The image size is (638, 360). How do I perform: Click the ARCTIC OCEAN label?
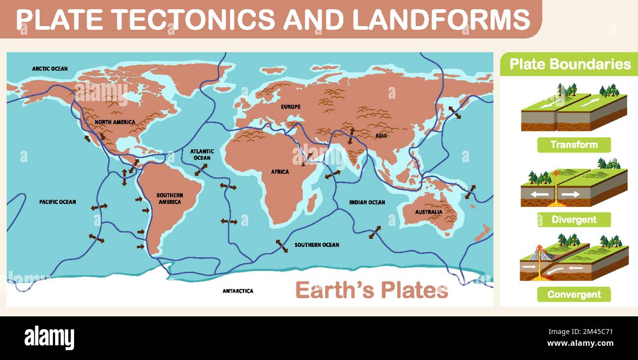(50, 69)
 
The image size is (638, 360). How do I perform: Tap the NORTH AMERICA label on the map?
(115, 122)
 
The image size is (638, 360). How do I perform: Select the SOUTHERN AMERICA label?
(170, 199)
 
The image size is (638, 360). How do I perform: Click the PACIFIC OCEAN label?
(58, 202)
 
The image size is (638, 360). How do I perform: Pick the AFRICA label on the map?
(280, 172)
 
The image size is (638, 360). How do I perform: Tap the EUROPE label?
(291, 107)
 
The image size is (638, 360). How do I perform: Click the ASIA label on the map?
(381, 136)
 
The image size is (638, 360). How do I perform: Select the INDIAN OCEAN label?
(367, 202)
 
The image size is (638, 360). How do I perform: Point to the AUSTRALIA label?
(429, 212)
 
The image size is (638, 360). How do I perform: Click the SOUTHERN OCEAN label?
(317, 245)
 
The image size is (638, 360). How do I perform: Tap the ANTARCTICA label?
(238, 291)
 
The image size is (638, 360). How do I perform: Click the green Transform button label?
(574, 145)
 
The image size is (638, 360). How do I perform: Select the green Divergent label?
(574, 220)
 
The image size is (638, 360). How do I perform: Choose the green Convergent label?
(574, 295)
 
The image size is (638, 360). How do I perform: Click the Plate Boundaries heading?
(570, 64)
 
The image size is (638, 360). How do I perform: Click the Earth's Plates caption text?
(372, 290)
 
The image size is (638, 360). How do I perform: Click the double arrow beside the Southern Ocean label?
(282, 246)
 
